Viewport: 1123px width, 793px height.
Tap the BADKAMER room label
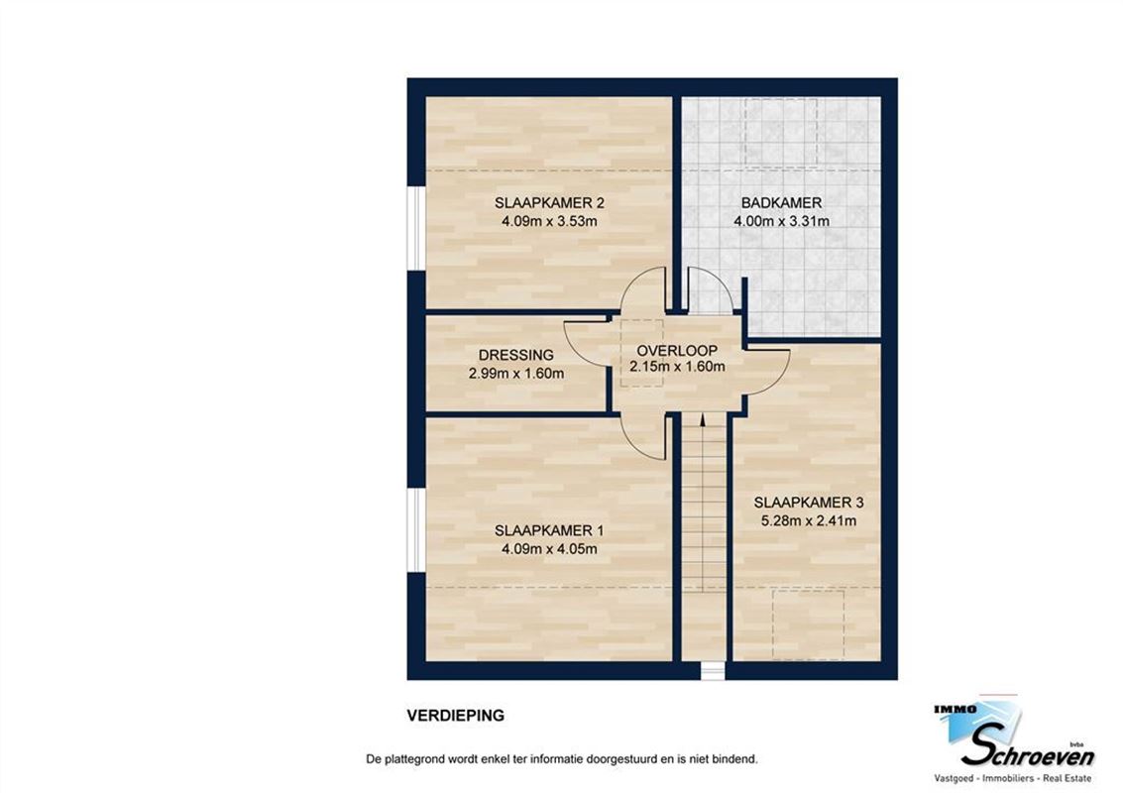(x=781, y=203)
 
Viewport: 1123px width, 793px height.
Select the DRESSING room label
(x=515, y=355)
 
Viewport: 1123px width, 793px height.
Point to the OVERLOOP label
(x=677, y=351)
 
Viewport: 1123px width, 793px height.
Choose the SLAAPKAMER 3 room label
(x=804, y=502)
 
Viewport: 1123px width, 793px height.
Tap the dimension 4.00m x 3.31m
(x=781, y=221)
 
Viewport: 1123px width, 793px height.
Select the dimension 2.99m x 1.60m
(x=515, y=374)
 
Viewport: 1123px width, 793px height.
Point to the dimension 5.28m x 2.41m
(x=804, y=520)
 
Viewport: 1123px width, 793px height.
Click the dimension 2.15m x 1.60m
(x=677, y=368)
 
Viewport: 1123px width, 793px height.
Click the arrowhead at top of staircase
(x=703, y=420)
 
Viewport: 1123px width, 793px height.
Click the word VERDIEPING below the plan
(x=455, y=715)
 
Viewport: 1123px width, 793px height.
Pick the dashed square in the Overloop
(x=641, y=353)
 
